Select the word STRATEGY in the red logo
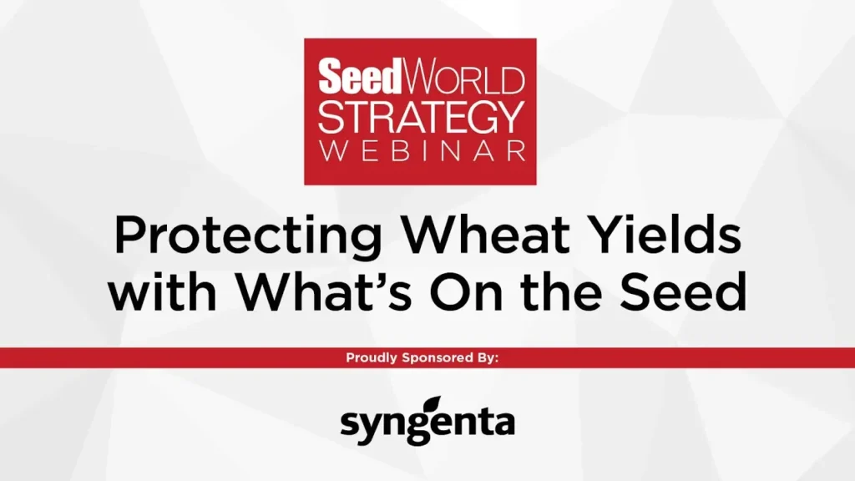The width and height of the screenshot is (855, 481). point(421,117)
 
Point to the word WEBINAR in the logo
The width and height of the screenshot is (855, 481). point(422,151)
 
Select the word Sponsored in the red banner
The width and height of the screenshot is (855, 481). point(438,358)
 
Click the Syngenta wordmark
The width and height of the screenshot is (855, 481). point(427,421)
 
